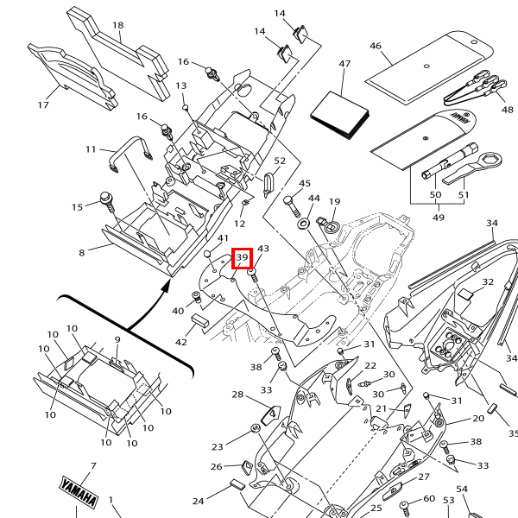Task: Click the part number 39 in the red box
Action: (242, 257)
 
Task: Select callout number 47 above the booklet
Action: (344, 65)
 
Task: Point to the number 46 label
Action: (375, 46)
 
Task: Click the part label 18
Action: (117, 26)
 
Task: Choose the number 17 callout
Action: (43, 105)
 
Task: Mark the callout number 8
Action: (82, 253)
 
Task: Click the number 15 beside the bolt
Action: (77, 206)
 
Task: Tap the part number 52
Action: (278, 161)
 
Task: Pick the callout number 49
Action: (438, 218)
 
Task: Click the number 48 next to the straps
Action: (507, 111)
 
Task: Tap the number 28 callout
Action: (237, 395)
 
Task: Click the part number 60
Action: (429, 500)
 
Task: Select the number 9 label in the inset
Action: (117, 340)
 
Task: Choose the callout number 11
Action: (91, 149)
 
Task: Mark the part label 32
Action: (488, 282)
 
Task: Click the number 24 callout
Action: (199, 501)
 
